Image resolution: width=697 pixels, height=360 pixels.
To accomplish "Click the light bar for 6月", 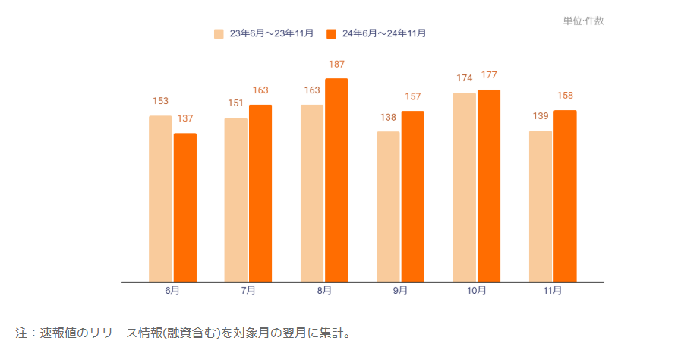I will click(x=160, y=198).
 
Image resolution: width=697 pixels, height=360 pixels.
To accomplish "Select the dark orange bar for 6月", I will click(x=185, y=207).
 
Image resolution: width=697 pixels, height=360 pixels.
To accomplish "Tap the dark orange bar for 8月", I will click(x=336, y=180).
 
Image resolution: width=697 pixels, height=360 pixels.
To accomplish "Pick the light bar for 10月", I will click(x=464, y=187).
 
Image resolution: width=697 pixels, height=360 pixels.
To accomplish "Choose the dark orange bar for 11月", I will click(x=565, y=196).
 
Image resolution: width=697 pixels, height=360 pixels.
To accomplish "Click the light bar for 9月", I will click(x=388, y=207).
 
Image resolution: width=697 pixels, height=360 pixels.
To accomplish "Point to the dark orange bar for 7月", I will click(x=260, y=193).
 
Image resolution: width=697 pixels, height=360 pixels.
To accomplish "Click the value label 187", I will click(x=336, y=65).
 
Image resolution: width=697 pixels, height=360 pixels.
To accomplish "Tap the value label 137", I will click(x=186, y=119).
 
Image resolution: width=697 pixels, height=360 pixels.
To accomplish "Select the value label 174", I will click(x=464, y=78).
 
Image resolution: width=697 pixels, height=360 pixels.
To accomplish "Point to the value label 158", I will click(x=565, y=96).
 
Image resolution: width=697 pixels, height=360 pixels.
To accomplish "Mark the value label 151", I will click(x=236, y=103).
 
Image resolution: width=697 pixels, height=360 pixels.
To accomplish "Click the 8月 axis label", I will click(x=324, y=291).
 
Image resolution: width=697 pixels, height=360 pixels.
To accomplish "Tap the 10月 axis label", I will click(x=477, y=291).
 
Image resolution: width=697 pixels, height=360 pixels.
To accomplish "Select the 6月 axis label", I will click(x=172, y=291).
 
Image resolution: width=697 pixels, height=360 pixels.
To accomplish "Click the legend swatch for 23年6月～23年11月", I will click(x=219, y=33).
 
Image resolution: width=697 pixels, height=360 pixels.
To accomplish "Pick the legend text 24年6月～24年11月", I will click(x=384, y=33).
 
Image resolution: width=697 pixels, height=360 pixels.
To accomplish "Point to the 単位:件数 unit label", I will click(x=583, y=21).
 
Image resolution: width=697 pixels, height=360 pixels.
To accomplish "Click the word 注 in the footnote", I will click(x=21, y=333).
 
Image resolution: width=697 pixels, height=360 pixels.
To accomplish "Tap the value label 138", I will click(x=388, y=118).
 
